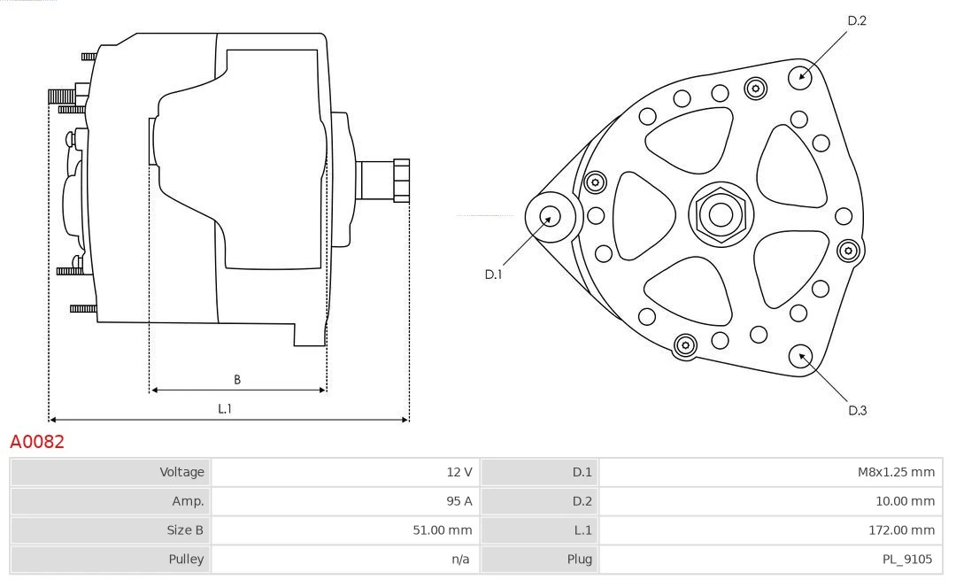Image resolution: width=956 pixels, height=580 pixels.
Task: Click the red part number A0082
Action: click(x=37, y=441)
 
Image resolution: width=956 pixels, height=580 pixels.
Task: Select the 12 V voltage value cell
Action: click(x=459, y=472)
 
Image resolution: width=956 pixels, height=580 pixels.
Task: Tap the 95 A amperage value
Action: click(x=459, y=501)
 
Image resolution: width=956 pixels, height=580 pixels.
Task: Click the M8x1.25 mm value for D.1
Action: click(x=896, y=472)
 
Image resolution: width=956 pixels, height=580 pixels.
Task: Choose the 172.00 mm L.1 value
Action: click(x=901, y=530)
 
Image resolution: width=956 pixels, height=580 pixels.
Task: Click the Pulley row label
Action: click(x=186, y=559)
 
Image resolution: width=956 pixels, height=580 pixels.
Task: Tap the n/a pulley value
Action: click(x=460, y=559)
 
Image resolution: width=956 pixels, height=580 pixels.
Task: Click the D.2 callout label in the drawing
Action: click(x=857, y=20)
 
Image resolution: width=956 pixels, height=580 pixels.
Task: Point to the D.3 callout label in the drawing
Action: click(x=857, y=410)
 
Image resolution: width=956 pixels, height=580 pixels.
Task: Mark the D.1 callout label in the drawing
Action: click(x=493, y=275)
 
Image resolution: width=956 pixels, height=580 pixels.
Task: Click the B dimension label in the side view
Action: click(x=237, y=380)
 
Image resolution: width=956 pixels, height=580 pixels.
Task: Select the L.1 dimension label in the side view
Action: click(x=225, y=408)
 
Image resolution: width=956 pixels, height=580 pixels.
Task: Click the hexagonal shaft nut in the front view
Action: click(x=721, y=214)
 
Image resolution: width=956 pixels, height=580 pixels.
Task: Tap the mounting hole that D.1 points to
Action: click(x=550, y=216)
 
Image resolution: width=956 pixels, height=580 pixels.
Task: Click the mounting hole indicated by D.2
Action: click(x=802, y=75)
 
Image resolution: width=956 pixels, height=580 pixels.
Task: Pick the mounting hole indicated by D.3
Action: click(x=802, y=356)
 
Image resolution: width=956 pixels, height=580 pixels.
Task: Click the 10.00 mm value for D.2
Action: click(x=901, y=501)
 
